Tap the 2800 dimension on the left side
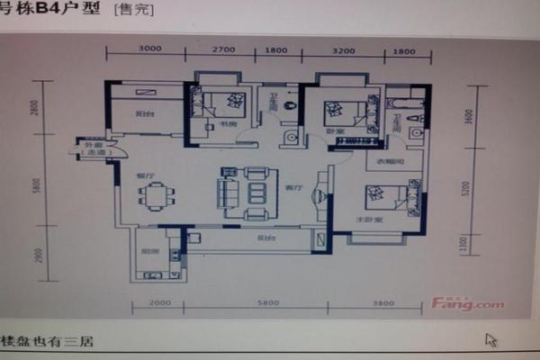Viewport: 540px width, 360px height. tap(36, 108)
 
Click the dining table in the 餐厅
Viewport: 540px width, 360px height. tap(157, 195)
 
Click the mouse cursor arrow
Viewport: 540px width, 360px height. tap(491, 340)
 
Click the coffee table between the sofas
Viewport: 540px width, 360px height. tap(256, 192)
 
